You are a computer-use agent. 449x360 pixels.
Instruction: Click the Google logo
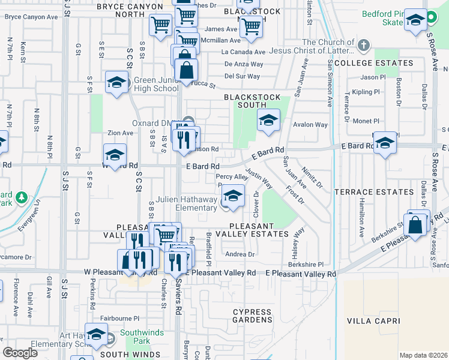[x=20, y=353]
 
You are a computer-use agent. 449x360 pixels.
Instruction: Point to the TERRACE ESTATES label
[x=382, y=192]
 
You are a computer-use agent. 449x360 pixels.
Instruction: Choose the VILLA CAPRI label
[x=373, y=321]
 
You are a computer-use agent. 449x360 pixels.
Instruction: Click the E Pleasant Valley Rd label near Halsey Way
[x=300, y=273]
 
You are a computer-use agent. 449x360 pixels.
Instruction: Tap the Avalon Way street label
[x=310, y=125]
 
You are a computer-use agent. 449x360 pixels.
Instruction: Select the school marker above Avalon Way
[x=268, y=119]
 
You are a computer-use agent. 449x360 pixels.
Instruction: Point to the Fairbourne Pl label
[x=119, y=319]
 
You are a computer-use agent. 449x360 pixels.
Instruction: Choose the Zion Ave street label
[x=120, y=133]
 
